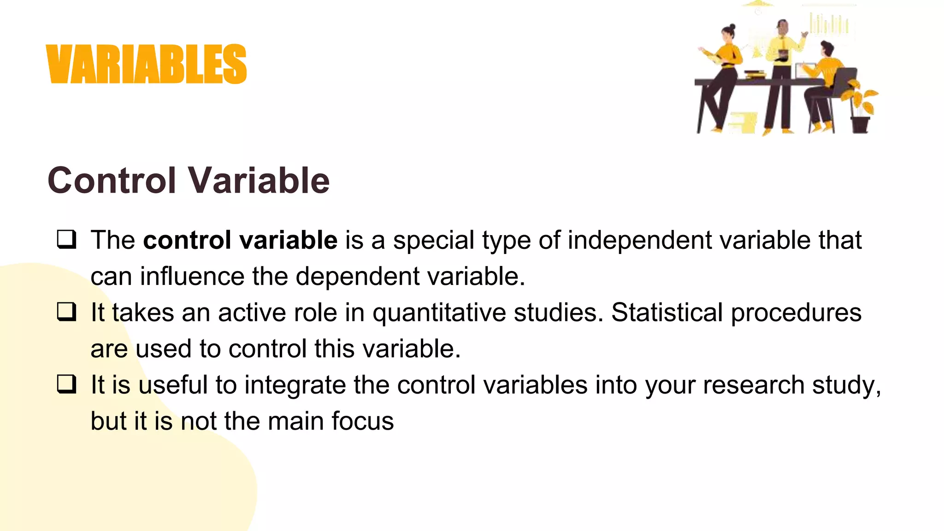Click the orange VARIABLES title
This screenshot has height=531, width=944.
point(147,64)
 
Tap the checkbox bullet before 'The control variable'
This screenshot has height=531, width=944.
point(66,239)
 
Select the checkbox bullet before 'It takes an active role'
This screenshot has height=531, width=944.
point(66,312)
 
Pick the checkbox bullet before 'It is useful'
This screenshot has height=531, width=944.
point(66,384)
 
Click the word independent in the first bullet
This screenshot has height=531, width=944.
point(639,240)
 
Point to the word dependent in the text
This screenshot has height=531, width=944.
point(357,277)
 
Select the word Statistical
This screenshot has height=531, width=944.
point(667,313)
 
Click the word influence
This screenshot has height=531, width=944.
point(192,277)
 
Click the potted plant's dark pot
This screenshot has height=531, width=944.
point(860,124)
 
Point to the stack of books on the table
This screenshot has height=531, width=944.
point(755,74)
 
